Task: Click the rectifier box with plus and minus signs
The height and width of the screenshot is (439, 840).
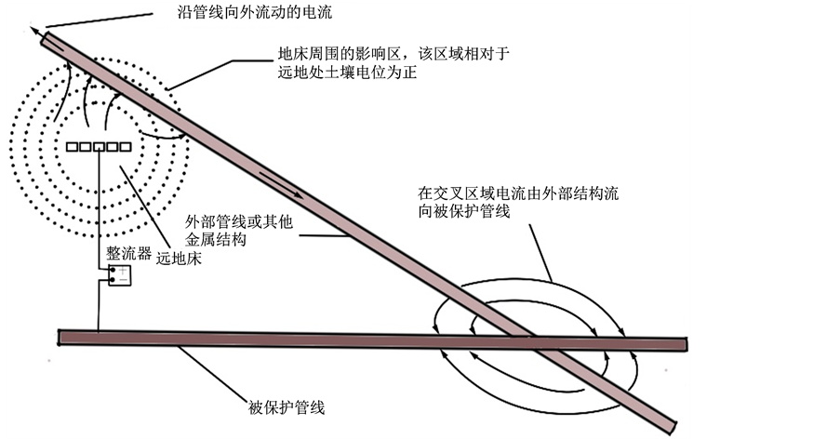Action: pyautogui.click(x=118, y=275)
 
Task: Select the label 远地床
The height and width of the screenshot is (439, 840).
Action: pyautogui.click(x=179, y=259)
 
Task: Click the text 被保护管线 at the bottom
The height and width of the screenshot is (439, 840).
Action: pyautogui.click(x=287, y=407)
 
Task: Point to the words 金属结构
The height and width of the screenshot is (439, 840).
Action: pyautogui.click(x=216, y=241)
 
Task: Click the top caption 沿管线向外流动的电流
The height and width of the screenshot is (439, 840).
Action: pyautogui.click(x=254, y=13)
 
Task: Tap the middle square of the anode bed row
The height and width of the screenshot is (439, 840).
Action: pyautogui.click(x=98, y=146)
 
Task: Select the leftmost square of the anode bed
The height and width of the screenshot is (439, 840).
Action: pyautogui.click(x=72, y=146)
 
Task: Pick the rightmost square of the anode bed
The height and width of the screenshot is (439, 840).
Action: pyautogui.click(x=124, y=146)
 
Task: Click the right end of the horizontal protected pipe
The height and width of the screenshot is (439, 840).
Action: pyautogui.click(x=684, y=344)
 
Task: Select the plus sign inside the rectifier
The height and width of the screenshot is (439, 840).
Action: pyautogui.click(x=121, y=271)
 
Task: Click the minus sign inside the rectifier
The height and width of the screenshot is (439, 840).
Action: pyautogui.click(x=121, y=279)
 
